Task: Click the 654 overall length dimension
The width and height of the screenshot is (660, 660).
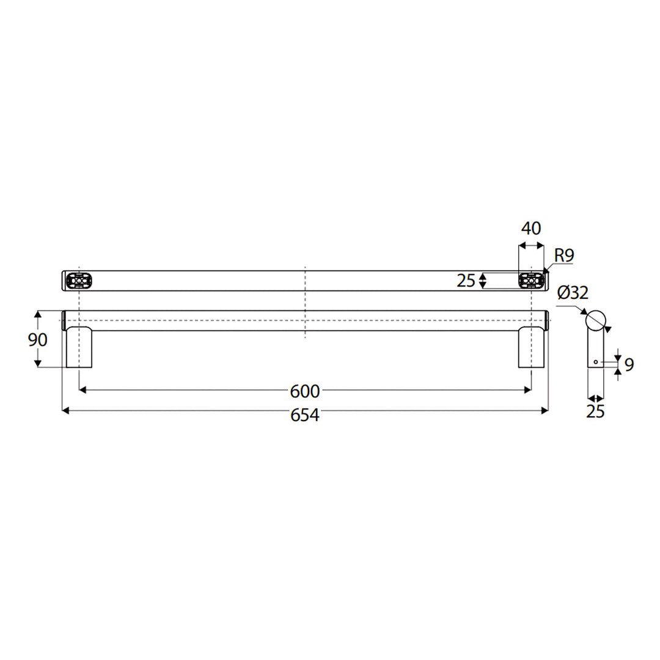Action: tap(304, 415)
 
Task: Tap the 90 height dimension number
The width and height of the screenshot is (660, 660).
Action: tap(38, 339)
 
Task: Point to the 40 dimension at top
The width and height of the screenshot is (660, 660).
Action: tap(530, 229)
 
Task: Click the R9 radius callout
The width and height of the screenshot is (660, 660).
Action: tap(564, 255)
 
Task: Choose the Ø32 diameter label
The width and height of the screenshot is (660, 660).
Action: tap(573, 293)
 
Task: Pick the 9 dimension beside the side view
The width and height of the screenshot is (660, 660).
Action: tap(629, 365)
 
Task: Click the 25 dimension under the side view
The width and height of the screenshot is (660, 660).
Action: tap(595, 412)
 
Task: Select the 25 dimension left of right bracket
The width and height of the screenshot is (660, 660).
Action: tap(466, 281)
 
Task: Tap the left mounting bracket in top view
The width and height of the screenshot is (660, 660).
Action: tap(79, 280)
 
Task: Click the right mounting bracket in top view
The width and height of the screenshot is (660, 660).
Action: tap(530, 280)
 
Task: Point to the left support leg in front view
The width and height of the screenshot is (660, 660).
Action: tap(79, 348)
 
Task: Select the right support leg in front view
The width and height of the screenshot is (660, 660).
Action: tap(530, 348)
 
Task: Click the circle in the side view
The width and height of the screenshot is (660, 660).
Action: tap(595, 320)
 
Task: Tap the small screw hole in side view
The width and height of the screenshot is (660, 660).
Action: tap(595, 362)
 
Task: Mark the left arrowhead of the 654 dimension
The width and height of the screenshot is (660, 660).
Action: tap(65, 411)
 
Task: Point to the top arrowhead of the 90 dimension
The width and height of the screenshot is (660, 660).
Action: tap(38, 314)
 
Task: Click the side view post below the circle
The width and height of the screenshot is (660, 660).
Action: tap(595, 348)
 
